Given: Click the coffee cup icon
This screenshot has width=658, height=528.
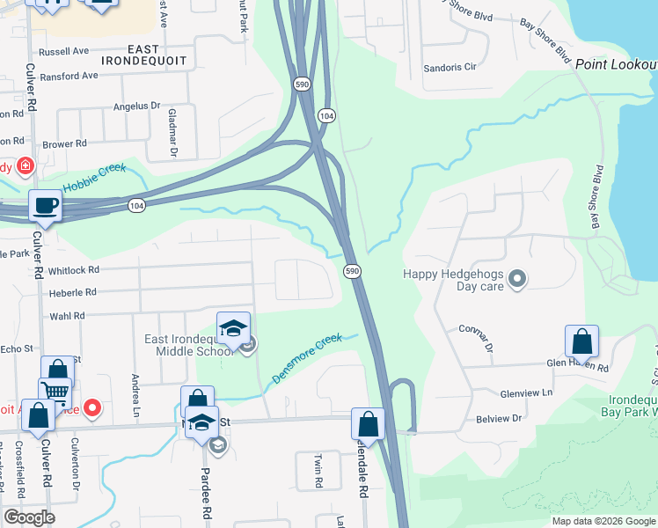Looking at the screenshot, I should [x=44, y=206].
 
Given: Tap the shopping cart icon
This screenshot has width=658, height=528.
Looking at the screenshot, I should [x=55, y=392].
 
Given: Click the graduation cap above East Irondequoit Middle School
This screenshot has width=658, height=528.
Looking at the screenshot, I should [x=233, y=328].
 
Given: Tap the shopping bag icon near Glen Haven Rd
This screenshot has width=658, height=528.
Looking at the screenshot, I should [x=581, y=341].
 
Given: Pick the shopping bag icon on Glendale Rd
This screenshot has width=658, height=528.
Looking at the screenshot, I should [x=369, y=424].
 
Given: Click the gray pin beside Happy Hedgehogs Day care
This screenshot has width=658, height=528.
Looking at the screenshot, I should [x=518, y=280].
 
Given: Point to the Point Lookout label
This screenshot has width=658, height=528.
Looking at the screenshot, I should [x=616, y=65].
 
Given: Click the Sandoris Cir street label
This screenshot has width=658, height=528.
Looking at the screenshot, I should [x=450, y=67].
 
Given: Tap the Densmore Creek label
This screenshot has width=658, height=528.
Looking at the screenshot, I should [x=306, y=357].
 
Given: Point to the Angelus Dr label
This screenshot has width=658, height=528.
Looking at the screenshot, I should [x=137, y=106].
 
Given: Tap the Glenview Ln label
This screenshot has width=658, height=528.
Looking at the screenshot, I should [x=526, y=392].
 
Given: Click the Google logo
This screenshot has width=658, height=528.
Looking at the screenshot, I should [x=28, y=517].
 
